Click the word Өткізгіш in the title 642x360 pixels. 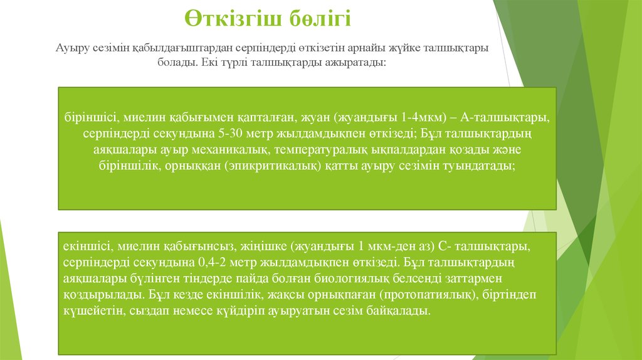(x=228, y=18)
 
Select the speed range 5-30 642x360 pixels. (x=224, y=134)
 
